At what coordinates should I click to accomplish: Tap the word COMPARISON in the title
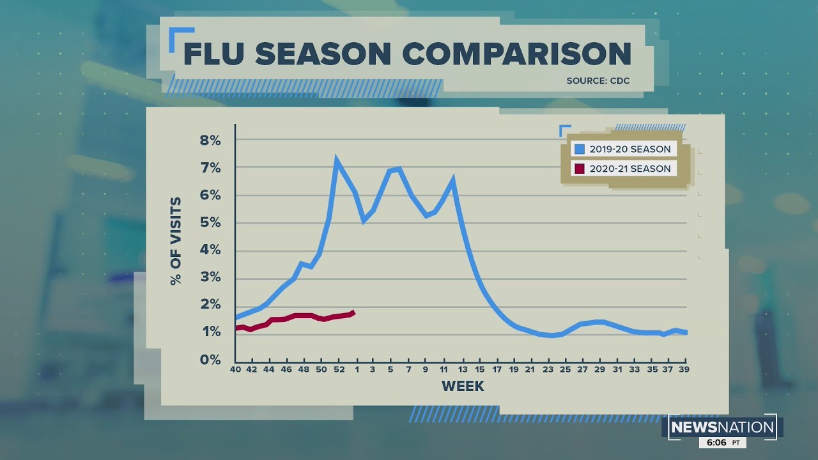(x=518, y=54)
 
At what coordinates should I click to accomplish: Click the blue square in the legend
(x=580, y=149)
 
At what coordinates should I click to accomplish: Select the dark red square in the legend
(x=580, y=169)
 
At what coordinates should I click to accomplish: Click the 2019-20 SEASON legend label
(x=629, y=149)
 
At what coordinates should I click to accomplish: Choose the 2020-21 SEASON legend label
(x=629, y=169)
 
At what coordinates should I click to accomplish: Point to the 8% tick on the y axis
(x=210, y=140)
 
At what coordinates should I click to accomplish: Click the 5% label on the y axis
(x=210, y=222)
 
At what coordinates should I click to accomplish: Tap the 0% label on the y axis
(x=210, y=360)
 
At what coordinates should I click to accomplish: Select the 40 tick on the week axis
(x=236, y=369)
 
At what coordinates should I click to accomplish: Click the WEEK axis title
(x=463, y=387)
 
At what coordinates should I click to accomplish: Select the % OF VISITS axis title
(x=176, y=241)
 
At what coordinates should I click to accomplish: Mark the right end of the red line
(x=353, y=312)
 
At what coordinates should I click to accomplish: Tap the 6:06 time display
(x=718, y=443)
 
